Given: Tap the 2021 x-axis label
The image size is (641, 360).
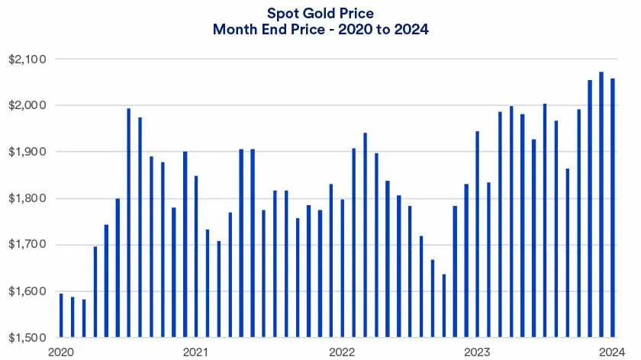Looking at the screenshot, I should coord(196,352).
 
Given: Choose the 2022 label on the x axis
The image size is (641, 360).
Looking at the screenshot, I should coord(341,352).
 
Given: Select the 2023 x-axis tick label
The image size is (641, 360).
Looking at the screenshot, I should coord(477,352).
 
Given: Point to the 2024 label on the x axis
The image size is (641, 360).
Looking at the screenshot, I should coord(612,352).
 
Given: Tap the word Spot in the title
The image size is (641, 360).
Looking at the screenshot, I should coord(281,13).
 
